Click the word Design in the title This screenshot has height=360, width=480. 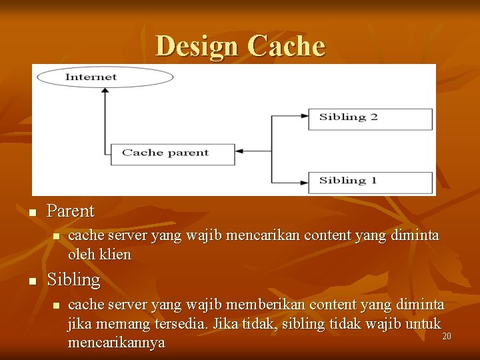(197, 47)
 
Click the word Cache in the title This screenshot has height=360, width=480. (286, 47)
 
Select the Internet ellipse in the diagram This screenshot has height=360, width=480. (105, 77)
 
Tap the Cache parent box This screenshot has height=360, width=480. (172, 153)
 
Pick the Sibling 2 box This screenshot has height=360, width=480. (369, 118)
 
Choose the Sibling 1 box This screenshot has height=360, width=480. (369, 181)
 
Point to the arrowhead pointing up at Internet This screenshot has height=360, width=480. (105, 93)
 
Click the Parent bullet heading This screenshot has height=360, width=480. (71, 211)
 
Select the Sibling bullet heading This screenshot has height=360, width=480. (73, 280)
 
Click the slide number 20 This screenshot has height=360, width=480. (447, 337)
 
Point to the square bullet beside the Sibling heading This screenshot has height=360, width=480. (32, 282)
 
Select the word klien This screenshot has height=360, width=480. (116, 255)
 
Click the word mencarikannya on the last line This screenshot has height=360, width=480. (116, 343)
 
